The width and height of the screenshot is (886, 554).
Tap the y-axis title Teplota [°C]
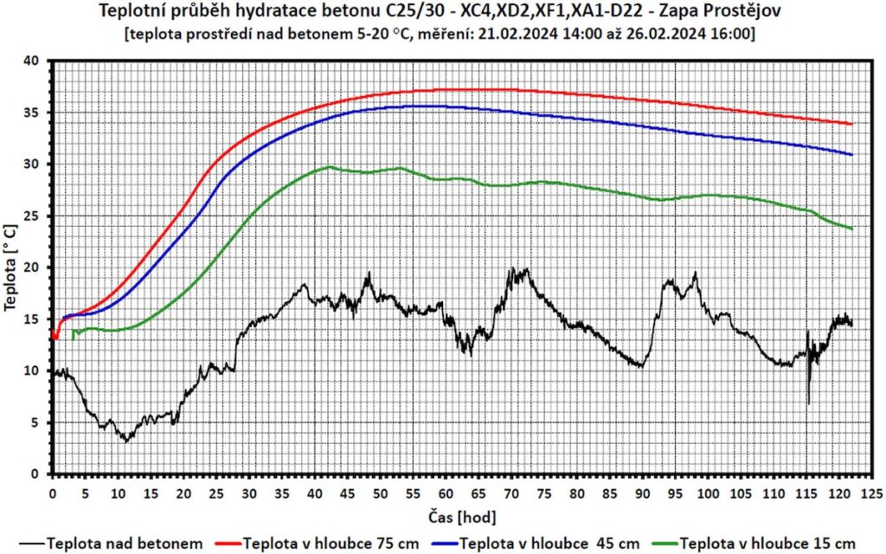[x=11, y=268]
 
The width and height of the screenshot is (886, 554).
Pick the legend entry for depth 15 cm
[x=761, y=543]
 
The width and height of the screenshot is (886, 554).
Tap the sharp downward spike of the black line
[x=808, y=403]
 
